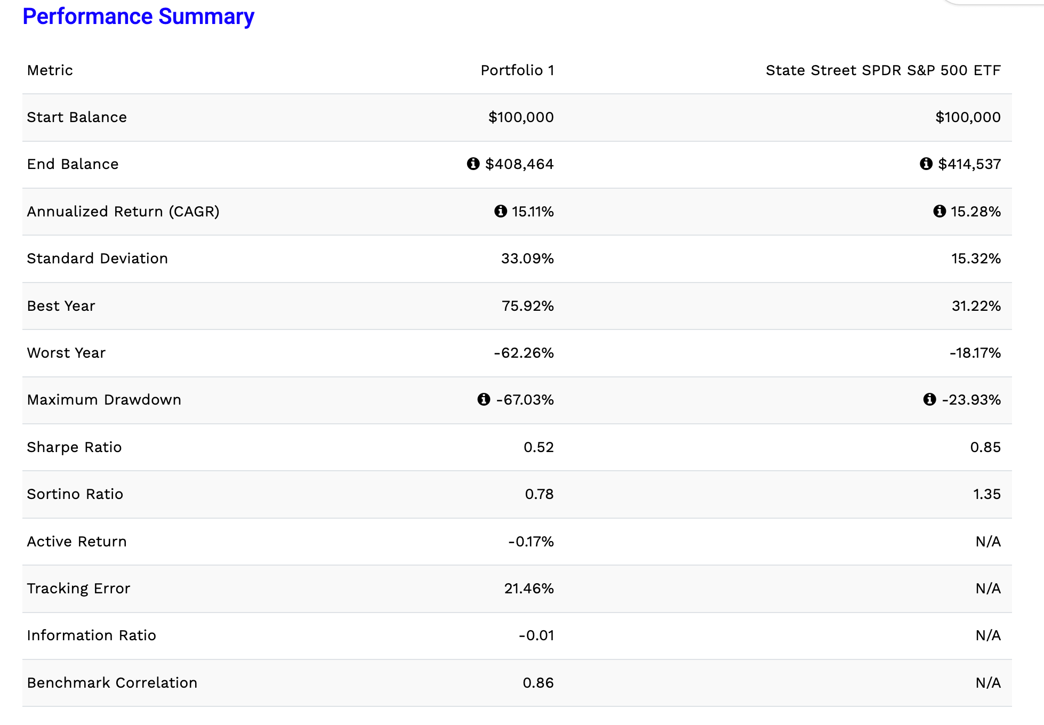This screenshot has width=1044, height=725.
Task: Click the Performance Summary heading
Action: pyautogui.click(x=139, y=17)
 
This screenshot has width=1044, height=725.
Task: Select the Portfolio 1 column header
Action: pyautogui.click(x=517, y=70)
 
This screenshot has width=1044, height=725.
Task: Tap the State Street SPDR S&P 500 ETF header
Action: pyautogui.click(x=883, y=70)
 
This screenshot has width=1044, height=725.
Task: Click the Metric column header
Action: pyautogui.click(x=50, y=70)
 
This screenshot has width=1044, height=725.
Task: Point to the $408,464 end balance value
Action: pyautogui.click(x=519, y=164)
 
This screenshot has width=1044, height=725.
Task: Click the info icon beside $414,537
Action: pyautogui.click(x=926, y=164)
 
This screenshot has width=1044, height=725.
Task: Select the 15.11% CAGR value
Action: pyautogui.click(x=533, y=212)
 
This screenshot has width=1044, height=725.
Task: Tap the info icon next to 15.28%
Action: pyautogui.click(x=939, y=211)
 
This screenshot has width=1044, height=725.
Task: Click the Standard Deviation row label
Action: pyautogui.click(x=98, y=259)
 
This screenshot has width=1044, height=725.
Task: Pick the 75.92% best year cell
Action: pyautogui.click(x=528, y=306)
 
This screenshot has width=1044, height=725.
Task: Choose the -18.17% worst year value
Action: pyautogui.click(x=975, y=353)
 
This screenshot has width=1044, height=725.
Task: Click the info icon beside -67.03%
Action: pyautogui.click(x=484, y=399)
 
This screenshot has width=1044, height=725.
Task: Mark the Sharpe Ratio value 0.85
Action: pyautogui.click(x=985, y=447)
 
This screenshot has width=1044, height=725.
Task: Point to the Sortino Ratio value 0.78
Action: pyautogui.click(x=539, y=494)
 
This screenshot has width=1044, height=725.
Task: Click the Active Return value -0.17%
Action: pyautogui.click(x=531, y=542)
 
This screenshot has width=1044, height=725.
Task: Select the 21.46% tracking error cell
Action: pyautogui.click(x=529, y=589)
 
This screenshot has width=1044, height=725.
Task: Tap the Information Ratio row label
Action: pyautogui.click(x=92, y=635)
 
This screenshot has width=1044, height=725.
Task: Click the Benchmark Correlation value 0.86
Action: pyautogui.click(x=538, y=683)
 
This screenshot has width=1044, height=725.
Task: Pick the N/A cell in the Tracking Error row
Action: pyautogui.click(x=988, y=589)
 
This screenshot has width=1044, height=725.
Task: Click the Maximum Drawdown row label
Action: pyautogui.click(x=105, y=400)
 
